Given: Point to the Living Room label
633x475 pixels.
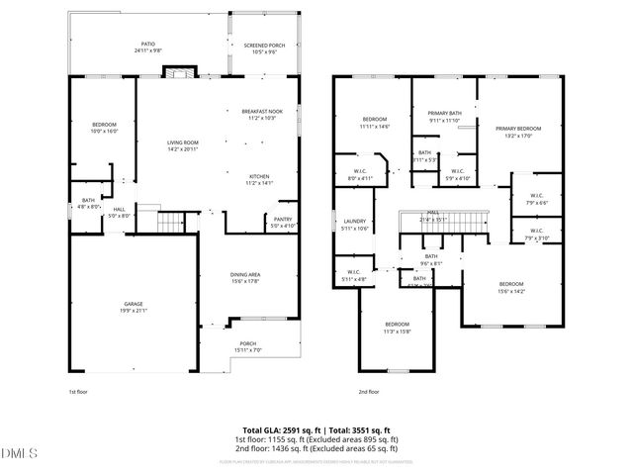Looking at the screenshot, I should tap(182, 145).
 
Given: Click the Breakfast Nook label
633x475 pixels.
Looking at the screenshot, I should tap(261, 114).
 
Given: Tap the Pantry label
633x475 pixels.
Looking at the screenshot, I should tap(282, 222).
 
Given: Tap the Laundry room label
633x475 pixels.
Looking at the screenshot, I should tap(354, 225).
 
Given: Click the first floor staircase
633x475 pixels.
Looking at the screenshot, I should tap(174, 223).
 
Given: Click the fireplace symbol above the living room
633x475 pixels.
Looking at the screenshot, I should tap(178, 72).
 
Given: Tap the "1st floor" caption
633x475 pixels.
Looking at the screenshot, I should tap(79, 392).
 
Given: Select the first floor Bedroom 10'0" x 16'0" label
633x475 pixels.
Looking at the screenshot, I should tap(104, 127).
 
